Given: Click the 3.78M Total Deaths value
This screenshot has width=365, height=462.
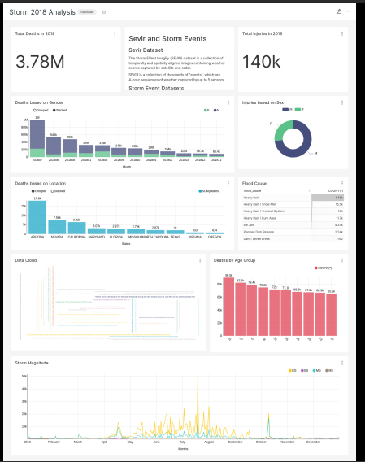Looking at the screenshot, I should pyautogui.click(x=40, y=62).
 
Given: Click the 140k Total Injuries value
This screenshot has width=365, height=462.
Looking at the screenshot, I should pyautogui.click(x=261, y=62).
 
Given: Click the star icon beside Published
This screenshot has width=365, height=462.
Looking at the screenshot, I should pyautogui.click(x=103, y=12).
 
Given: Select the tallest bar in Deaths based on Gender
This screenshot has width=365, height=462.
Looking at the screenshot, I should pyautogui.click(x=37, y=137).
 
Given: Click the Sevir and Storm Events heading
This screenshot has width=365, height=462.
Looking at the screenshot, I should pyautogui.click(x=167, y=38).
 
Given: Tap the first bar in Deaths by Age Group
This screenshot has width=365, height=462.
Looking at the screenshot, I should pyautogui.click(x=229, y=308).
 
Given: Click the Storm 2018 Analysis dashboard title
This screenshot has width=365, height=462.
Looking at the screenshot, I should pyautogui.click(x=41, y=12).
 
